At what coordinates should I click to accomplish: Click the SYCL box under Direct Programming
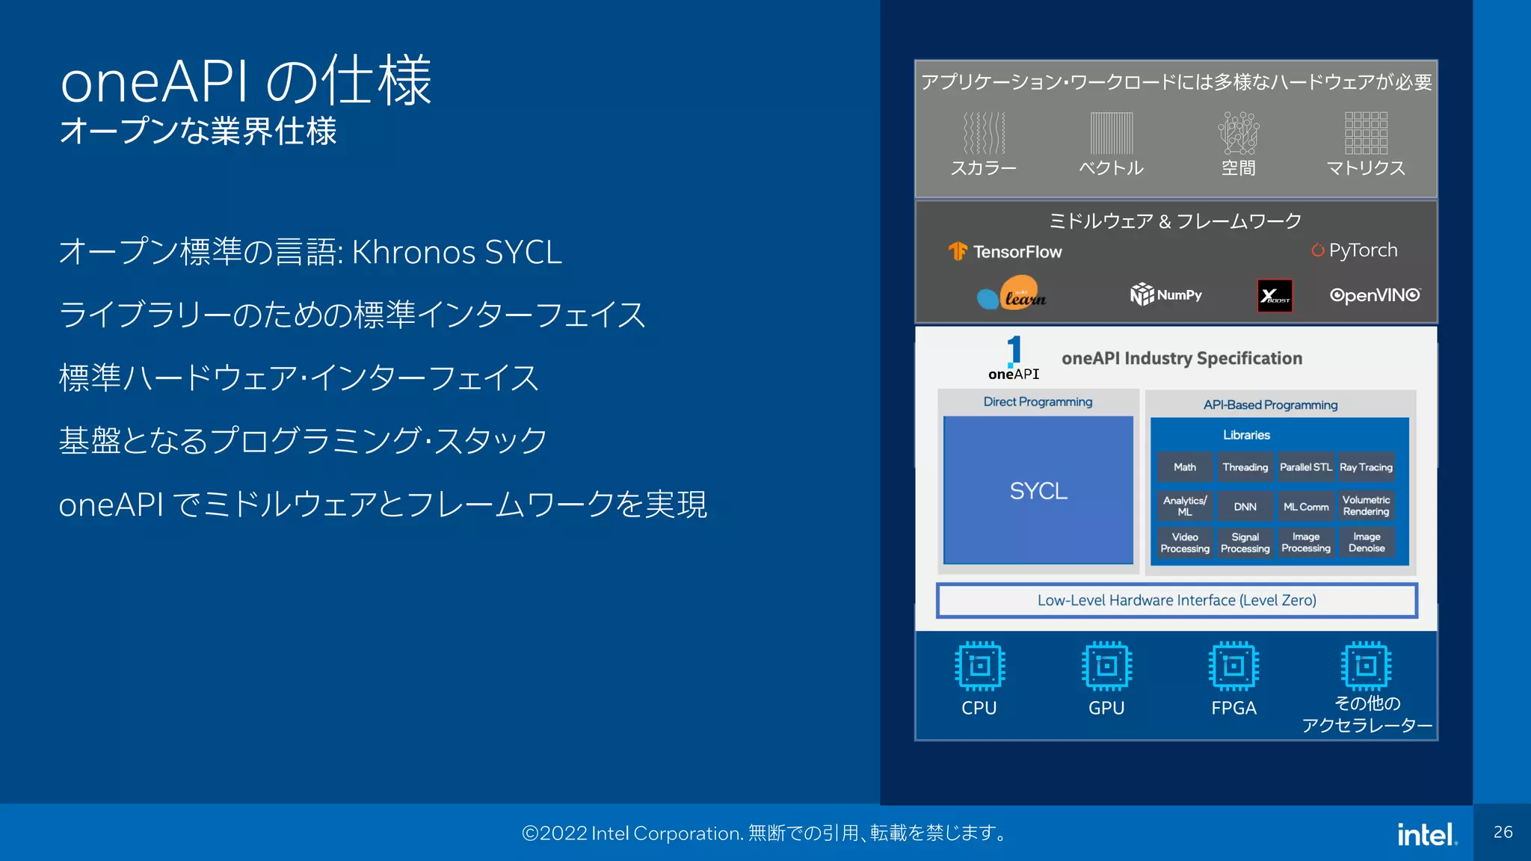pyautogui.click(x=1038, y=490)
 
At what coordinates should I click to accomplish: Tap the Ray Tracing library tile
pyautogui.click(x=1366, y=467)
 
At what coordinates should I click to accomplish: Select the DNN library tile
pyautogui.click(x=1245, y=506)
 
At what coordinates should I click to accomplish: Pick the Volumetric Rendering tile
pyautogui.click(x=1366, y=506)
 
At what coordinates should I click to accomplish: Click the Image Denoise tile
pyautogui.click(x=1366, y=543)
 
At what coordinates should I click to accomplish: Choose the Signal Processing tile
pyautogui.click(x=1245, y=543)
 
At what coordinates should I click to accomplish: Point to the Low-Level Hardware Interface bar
pyautogui.click(x=1177, y=600)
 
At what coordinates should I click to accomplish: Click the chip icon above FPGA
pyautogui.click(x=1233, y=665)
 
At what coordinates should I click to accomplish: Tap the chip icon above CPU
pyautogui.click(x=979, y=665)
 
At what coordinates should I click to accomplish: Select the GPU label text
pyautogui.click(x=1106, y=708)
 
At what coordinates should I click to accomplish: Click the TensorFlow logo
pyautogui.click(x=1005, y=252)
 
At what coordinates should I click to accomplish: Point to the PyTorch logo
pyautogui.click(x=1354, y=250)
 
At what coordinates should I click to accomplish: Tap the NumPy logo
pyautogui.click(x=1165, y=294)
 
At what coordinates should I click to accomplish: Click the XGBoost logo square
pyautogui.click(x=1275, y=296)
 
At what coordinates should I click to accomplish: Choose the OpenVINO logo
pyautogui.click(x=1375, y=295)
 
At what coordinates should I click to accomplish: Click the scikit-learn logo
pyautogui.click(x=1011, y=295)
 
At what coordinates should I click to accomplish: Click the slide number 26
pyautogui.click(x=1503, y=833)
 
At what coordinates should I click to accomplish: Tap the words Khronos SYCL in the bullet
pyautogui.click(x=456, y=253)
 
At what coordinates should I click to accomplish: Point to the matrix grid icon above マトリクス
pyautogui.click(x=1366, y=133)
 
